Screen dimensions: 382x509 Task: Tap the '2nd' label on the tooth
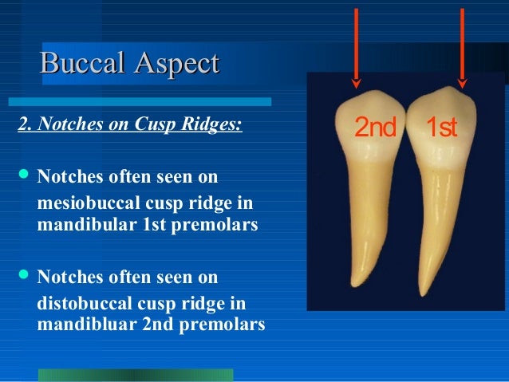(x=375, y=128)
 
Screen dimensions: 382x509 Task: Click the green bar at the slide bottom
(x=136, y=375)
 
